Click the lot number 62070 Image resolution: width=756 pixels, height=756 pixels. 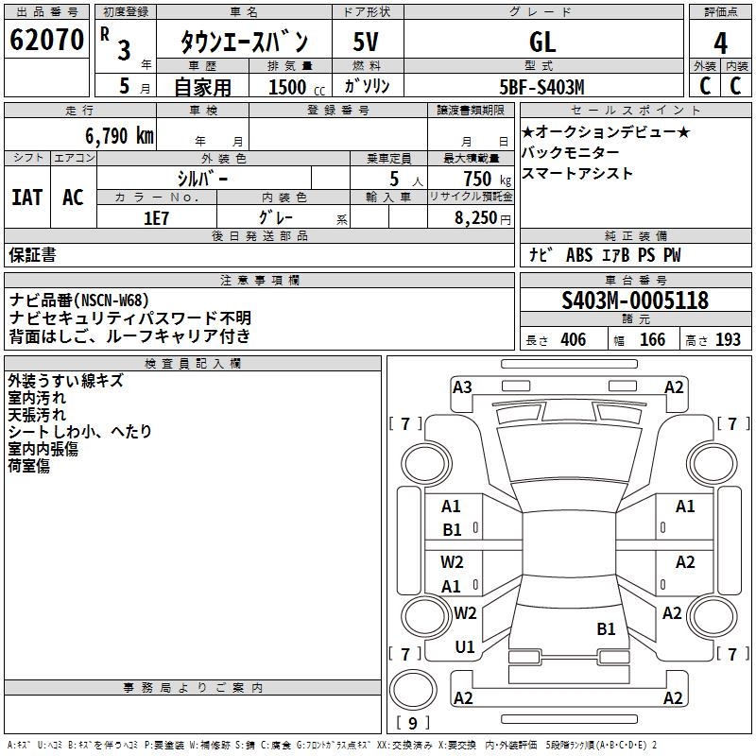pos(46,41)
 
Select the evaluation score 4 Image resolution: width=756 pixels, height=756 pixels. pos(720,43)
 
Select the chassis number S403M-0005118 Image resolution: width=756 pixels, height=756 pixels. pos(634,301)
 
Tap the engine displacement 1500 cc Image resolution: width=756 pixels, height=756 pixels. pos(287,87)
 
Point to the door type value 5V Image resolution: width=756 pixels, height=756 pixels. pos(366,43)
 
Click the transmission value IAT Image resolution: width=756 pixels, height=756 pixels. pos(26,197)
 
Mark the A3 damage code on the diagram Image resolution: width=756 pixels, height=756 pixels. pos(462,387)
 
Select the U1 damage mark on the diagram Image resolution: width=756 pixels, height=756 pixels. pos(464,647)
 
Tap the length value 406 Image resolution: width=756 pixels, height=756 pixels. pos(573,340)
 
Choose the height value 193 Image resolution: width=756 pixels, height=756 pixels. pos(728,340)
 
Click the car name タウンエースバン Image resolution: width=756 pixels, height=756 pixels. pos(245,43)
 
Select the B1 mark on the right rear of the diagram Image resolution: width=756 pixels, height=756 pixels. pos(606,628)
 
